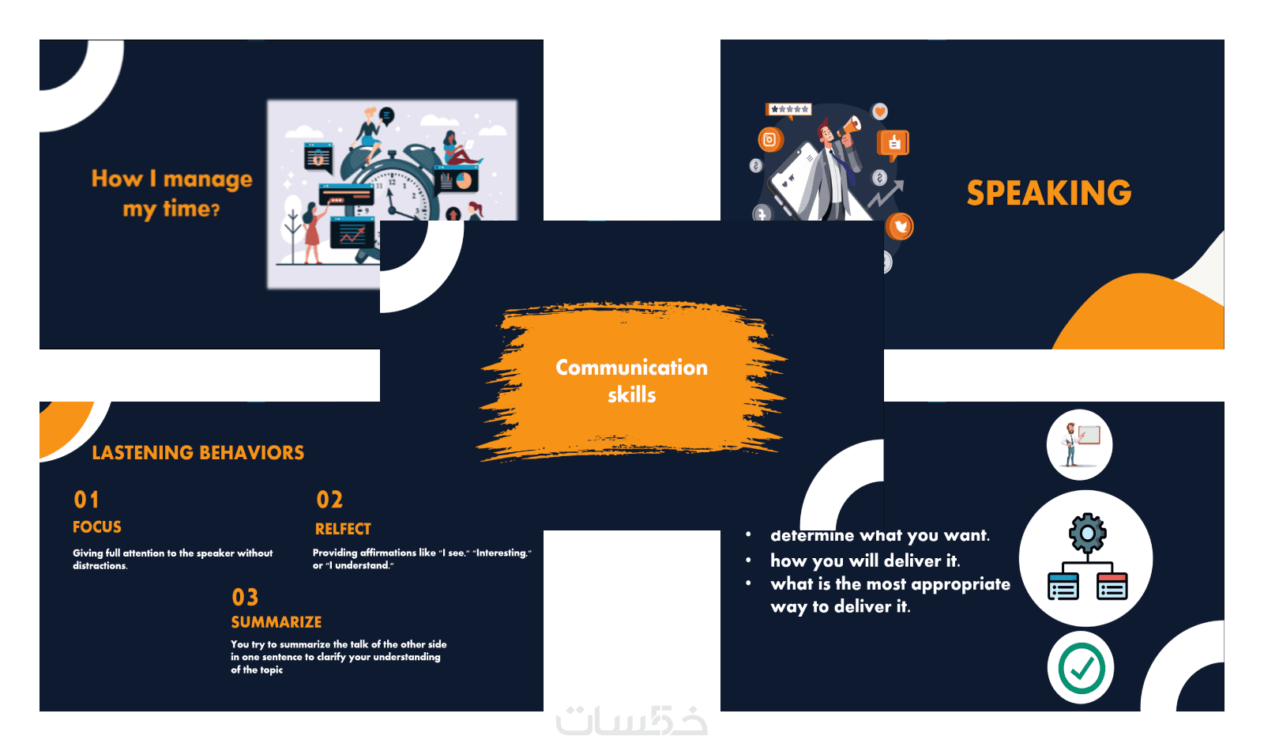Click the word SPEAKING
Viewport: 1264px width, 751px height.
pos(1049,193)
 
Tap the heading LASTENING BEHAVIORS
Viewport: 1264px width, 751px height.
pos(198,453)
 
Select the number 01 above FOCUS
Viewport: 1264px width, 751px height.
pos(86,500)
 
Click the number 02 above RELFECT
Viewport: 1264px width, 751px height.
pos(329,500)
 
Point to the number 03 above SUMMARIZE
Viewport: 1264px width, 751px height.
pos(245,597)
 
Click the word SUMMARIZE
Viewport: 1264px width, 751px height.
pos(276,622)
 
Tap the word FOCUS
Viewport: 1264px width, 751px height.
pos(97,527)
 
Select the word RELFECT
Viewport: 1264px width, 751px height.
pos(343,529)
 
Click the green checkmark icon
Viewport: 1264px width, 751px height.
pos(1082,669)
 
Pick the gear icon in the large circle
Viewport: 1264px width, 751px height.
pos(1087,533)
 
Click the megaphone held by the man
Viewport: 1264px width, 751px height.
pos(849,126)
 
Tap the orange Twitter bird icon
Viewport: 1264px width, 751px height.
pos(900,227)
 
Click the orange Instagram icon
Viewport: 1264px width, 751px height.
pos(770,140)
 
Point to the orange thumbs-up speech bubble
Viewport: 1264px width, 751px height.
pos(893,143)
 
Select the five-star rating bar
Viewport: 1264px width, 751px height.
pos(789,109)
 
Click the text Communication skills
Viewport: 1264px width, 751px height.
pos(631,381)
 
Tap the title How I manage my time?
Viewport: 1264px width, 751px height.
pos(171,194)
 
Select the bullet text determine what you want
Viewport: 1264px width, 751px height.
pos(880,535)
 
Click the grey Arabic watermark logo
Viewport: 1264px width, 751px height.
pos(631,720)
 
